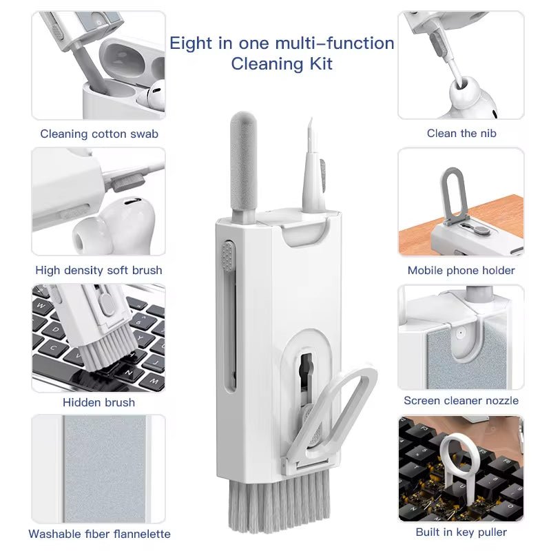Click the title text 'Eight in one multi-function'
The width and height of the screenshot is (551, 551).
(282, 43)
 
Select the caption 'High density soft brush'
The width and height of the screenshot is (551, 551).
(98, 270)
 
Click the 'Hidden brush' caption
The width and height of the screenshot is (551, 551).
(98, 402)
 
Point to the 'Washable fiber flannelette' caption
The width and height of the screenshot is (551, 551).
(99, 534)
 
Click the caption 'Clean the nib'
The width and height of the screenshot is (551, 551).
(461, 134)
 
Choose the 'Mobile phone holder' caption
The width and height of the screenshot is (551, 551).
(461, 270)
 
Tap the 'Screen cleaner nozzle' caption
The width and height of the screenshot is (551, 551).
(461, 400)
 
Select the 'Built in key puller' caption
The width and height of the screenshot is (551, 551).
(461, 532)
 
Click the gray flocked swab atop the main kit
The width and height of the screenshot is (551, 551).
(242, 162)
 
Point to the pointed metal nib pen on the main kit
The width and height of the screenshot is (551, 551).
(309, 162)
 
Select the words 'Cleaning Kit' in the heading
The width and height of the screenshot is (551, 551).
(282, 64)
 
